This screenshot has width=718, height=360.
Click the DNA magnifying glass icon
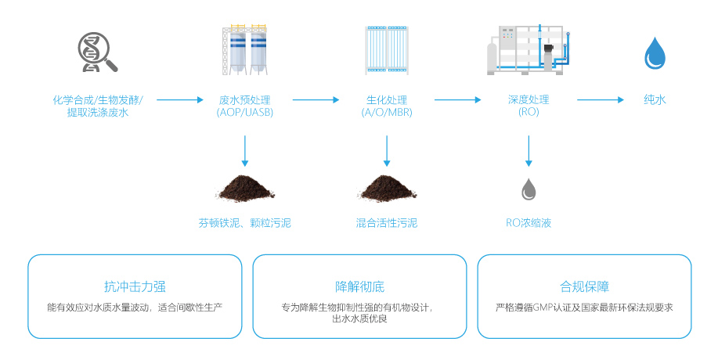(x=98, y=52)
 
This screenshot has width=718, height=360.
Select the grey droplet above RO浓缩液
(x=529, y=189)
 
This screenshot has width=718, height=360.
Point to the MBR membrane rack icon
(x=387, y=50)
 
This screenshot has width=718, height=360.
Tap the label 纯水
(x=655, y=100)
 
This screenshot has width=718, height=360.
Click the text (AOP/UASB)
(x=245, y=113)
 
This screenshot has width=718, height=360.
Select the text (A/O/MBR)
(x=387, y=113)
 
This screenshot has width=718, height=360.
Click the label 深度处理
(x=529, y=100)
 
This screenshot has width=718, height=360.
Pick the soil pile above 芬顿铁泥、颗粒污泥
(x=244, y=187)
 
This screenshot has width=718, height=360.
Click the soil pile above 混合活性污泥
(x=387, y=187)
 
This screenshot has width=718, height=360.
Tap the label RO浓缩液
(x=529, y=223)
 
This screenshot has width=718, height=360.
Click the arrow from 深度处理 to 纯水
(x=601, y=100)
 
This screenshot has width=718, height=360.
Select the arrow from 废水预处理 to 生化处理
(x=316, y=100)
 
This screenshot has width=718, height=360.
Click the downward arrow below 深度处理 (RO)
(x=529, y=150)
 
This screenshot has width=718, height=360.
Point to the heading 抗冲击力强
(x=135, y=286)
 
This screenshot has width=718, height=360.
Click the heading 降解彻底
(x=359, y=286)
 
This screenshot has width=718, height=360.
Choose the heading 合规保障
(x=584, y=286)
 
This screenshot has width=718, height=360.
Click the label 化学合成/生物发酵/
(x=98, y=100)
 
